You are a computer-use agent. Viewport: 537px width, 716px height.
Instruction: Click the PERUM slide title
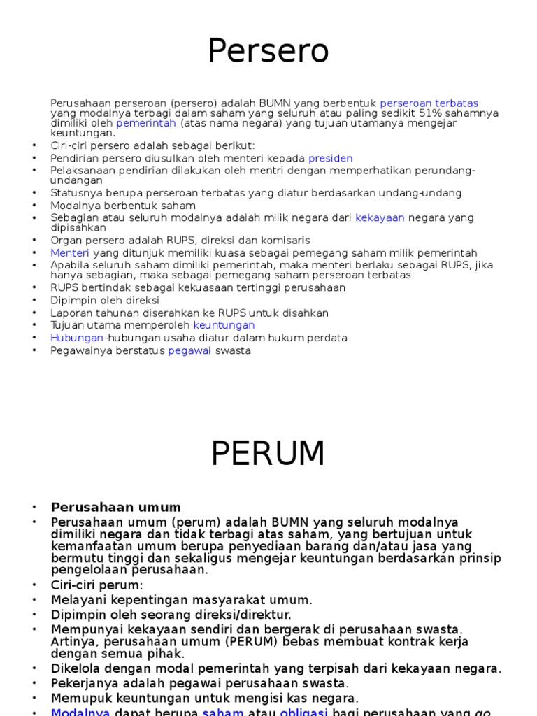click(x=268, y=454)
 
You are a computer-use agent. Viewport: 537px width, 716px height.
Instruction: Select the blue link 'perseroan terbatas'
click(x=429, y=103)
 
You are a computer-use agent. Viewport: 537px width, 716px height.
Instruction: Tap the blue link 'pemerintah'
click(x=145, y=123)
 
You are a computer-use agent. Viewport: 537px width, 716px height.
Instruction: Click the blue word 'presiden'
click(x=330, y=158)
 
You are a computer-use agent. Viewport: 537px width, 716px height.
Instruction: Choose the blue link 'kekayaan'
click(x=380, y=218)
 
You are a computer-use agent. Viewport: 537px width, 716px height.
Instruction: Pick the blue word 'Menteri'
click(x=70, y=253)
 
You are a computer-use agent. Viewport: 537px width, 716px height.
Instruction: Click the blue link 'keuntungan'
click(x=224, y=325)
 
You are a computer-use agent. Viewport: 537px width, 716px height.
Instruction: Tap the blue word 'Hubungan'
click(x=77, y=338)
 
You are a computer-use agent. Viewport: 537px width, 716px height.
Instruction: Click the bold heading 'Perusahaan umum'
click(x=116, y=508)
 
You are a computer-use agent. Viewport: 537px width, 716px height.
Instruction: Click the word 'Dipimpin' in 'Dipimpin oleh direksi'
click(x=70, y=300)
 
